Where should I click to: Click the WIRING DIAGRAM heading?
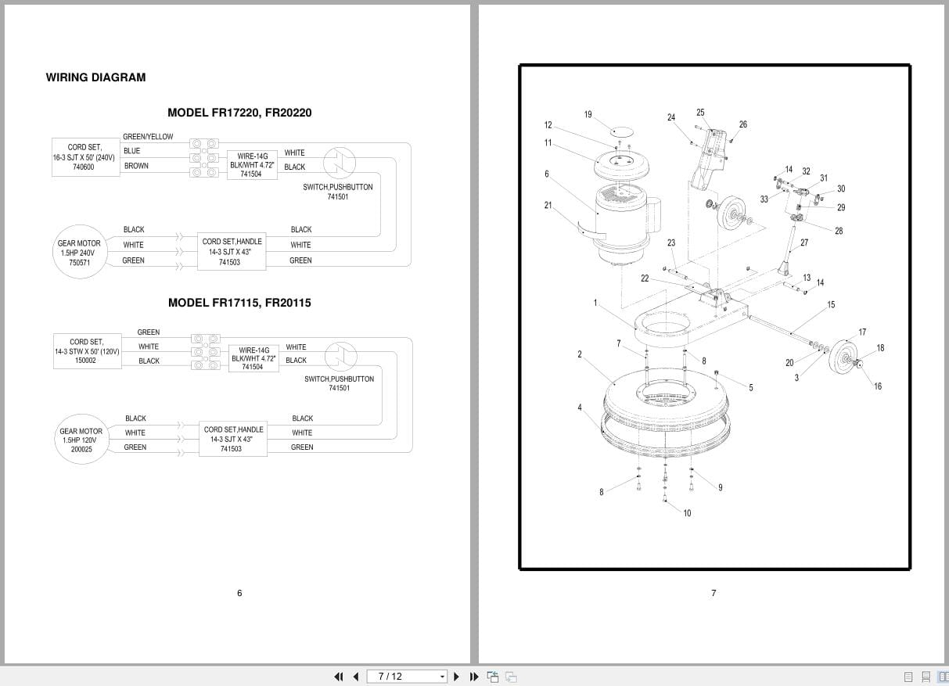(95, 77)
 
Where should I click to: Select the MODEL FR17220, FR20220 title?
(239, 113)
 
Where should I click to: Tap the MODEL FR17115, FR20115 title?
(239, 303)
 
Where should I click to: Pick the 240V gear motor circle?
(80, 253)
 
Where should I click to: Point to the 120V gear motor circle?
(81, 440)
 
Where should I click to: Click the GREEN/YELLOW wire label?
(148, 137)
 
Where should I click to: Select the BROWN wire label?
(136, 166)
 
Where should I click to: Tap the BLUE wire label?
(132, 151)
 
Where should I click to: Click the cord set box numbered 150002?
(87, 351)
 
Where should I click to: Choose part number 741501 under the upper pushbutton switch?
(338, 197)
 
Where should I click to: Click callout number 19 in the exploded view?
(588, 115)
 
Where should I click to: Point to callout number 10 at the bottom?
(687, 513)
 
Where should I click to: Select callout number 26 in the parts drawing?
(742, 124)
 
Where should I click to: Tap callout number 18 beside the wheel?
(880, 348)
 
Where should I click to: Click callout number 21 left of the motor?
(548, 206)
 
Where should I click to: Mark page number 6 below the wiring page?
(239, 593)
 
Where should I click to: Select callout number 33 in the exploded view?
(764, 199)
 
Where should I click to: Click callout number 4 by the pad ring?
(580, 408)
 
